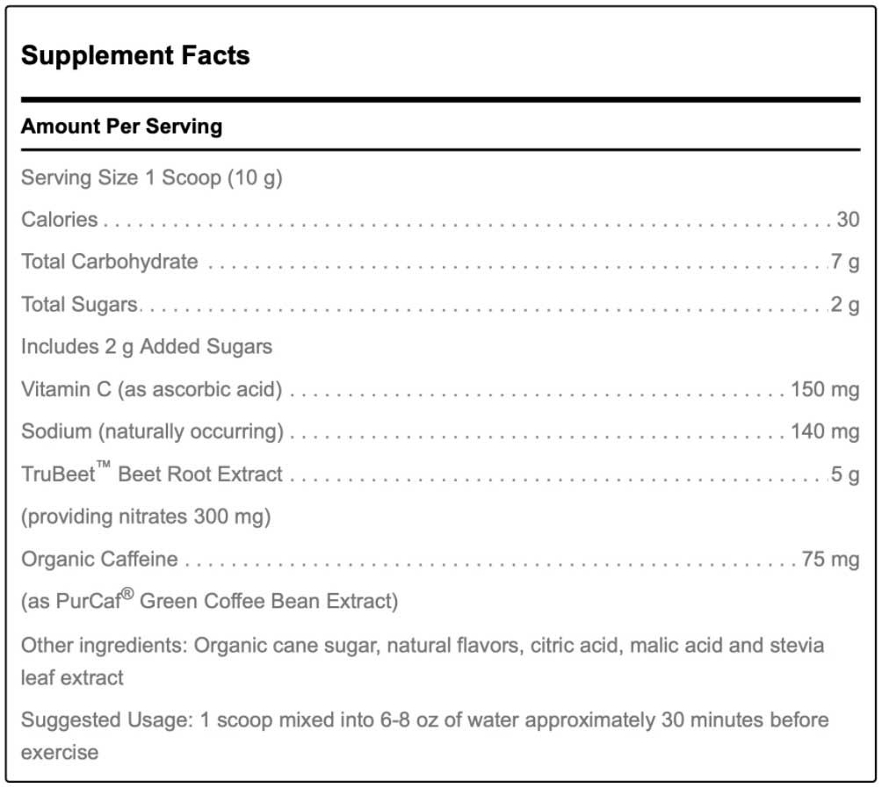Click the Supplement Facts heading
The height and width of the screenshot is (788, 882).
pos(135,55)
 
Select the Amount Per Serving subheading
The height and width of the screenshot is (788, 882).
pos(121,126)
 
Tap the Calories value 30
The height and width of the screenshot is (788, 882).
pos(847,219)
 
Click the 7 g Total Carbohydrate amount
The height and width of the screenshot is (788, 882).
pos(845,261)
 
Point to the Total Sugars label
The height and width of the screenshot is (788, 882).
pos(79,304)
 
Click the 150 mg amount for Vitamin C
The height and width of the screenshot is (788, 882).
pos(824,388)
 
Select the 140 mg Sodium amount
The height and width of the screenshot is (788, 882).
pos(824,430)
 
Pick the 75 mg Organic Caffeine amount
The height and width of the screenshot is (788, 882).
pos(829,559)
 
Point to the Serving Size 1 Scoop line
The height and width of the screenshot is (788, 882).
pos(151,177)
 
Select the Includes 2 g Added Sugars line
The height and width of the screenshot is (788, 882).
pos(147,346)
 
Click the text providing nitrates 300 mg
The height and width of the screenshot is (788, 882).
pos(146,517)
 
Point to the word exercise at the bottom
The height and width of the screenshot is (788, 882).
pos(59,752)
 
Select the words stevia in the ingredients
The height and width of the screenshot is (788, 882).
pos(797,646)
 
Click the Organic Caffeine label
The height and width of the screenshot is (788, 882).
pos(99,559)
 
